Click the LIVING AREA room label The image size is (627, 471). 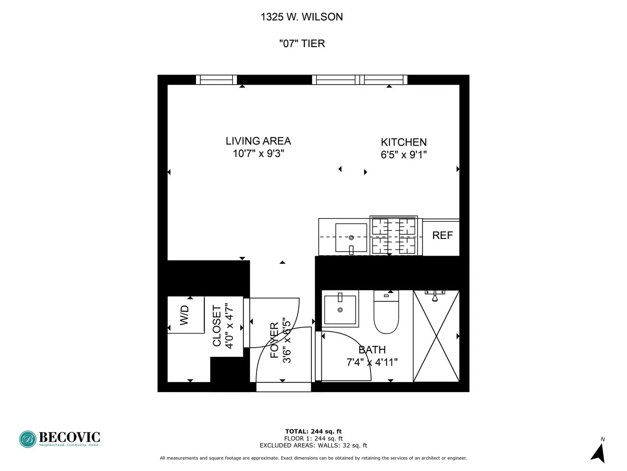(258, 141)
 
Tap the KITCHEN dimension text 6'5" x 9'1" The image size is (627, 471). (404, 155)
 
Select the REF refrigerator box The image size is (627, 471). (442, 235)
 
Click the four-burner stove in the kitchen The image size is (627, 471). (394, 235)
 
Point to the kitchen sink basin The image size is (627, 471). (351, 238)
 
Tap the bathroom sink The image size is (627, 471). (340, 309)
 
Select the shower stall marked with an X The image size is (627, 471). (436, 336)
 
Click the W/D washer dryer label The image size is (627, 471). (185, 315)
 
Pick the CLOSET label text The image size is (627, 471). (217, 326)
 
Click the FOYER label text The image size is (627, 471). (274, 340)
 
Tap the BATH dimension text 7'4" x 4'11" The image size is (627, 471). (372, 362)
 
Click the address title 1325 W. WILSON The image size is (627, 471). (302, 17)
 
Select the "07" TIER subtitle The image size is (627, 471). (302, 44)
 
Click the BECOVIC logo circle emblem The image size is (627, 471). (28, 439)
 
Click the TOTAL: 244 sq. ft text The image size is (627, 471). (313, 432)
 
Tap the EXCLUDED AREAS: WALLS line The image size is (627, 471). (313, 445)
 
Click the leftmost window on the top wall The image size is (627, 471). (216, 80)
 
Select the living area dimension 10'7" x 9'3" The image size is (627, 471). (258, 154)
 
